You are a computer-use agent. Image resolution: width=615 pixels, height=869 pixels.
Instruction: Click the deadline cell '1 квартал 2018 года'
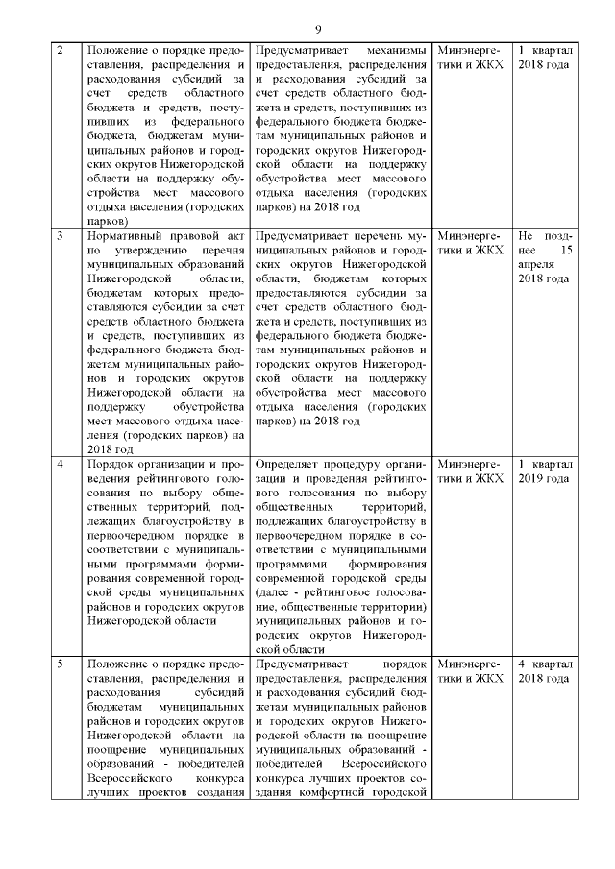coord(544,56)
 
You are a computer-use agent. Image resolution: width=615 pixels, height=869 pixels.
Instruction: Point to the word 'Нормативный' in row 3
coord(125,234)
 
